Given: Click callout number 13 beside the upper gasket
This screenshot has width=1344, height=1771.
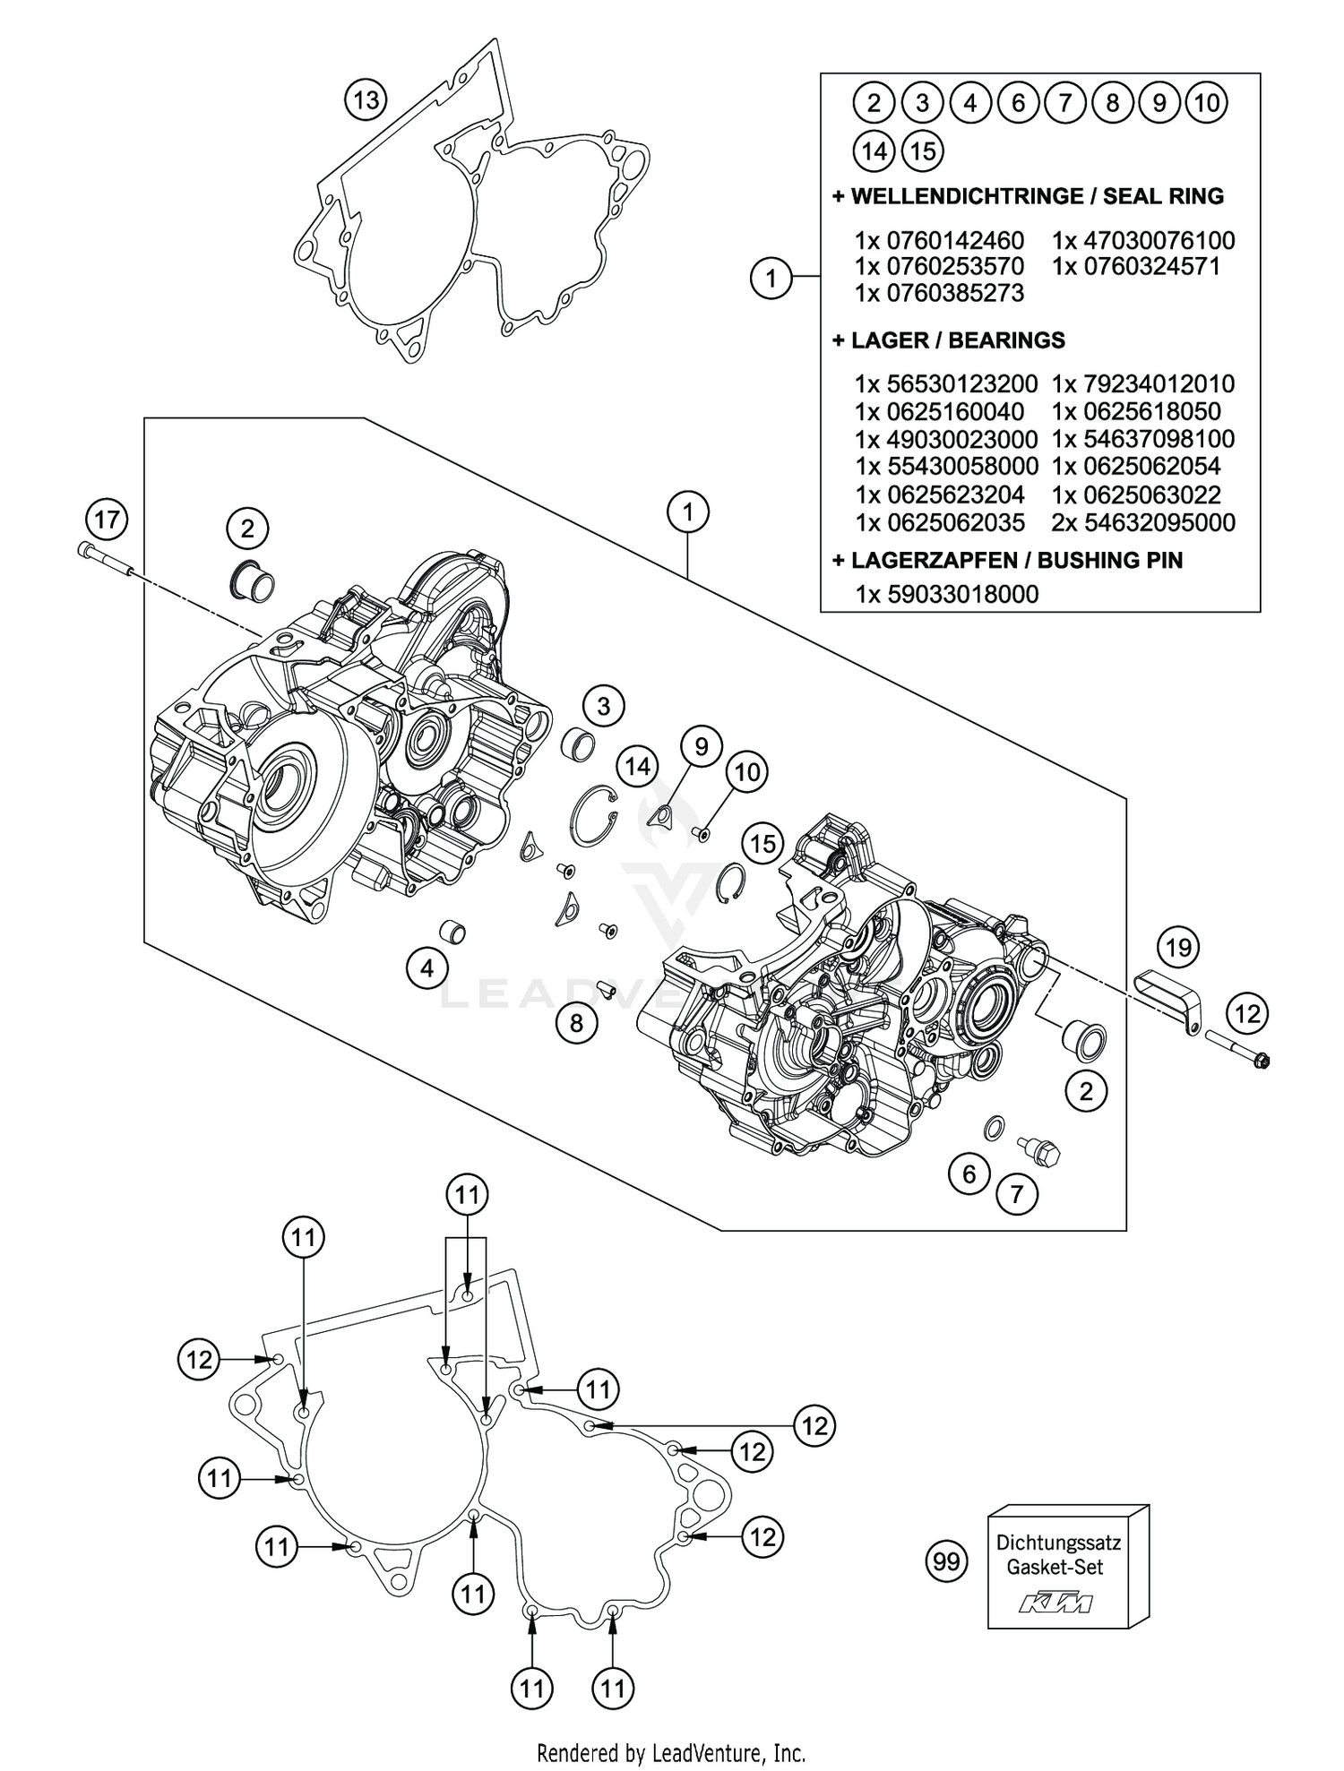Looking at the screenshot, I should (366, 99).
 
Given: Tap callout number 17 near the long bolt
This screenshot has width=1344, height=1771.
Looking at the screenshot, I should (107, 520).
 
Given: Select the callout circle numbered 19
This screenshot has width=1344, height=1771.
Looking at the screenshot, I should (1177, 947).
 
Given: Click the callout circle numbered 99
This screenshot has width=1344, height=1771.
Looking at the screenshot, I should (946, 1562).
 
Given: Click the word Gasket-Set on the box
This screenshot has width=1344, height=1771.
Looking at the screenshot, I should (1055, 1568).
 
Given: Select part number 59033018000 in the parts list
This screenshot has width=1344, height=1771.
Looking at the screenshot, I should (962, 594).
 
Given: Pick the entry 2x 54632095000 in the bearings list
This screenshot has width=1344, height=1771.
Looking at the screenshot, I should (1143, 522).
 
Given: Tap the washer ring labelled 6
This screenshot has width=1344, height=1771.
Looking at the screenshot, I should (994, 1128).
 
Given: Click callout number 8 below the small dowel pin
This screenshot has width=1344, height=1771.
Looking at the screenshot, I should (576, 1022).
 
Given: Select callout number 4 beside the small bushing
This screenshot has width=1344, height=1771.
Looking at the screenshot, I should (426, 967).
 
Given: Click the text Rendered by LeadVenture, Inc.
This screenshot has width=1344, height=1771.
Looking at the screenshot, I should (671, 1751).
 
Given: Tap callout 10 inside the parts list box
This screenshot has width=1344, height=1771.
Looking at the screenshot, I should (1206, 103).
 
